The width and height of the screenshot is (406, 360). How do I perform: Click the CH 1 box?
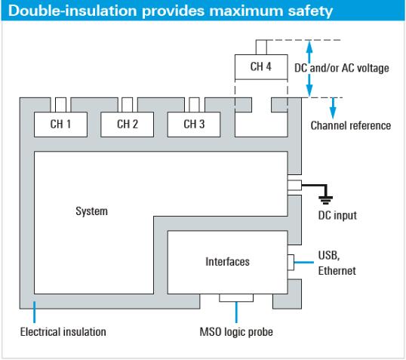tap(60, 125)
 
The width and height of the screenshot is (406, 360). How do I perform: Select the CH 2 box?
tap(127, 125)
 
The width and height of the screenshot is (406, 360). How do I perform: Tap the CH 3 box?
tap(194, 125)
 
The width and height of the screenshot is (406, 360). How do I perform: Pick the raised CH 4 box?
tap(261, 67)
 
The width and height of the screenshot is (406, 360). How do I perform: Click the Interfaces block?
tap(228, 262)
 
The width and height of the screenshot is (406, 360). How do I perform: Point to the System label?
tap(91, 211)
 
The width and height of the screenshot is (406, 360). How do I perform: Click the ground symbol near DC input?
tap(326, 200)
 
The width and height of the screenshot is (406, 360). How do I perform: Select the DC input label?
tap(337, 216)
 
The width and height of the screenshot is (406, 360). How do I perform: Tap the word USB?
tap(328, 256)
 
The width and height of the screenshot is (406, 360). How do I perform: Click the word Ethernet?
tap(337, 271)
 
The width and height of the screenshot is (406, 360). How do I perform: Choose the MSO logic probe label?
tap(236, 332)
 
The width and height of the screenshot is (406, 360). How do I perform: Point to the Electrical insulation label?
tap(63, 332)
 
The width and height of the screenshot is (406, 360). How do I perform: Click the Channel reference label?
tap(351, 125)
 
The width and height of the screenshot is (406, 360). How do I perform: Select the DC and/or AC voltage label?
tap(342, 68)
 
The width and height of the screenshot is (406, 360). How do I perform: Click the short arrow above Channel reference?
tap(333, 108)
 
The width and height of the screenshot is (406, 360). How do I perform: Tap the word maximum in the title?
tap(246, 11)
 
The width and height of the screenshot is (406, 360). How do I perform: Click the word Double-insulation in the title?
tap(72, 11)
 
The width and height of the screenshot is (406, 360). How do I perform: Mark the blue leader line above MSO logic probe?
tap(236, 312)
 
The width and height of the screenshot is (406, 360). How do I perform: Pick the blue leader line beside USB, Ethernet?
tap(304, 263)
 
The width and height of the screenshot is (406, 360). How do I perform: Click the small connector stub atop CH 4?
tap(261, 47)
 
